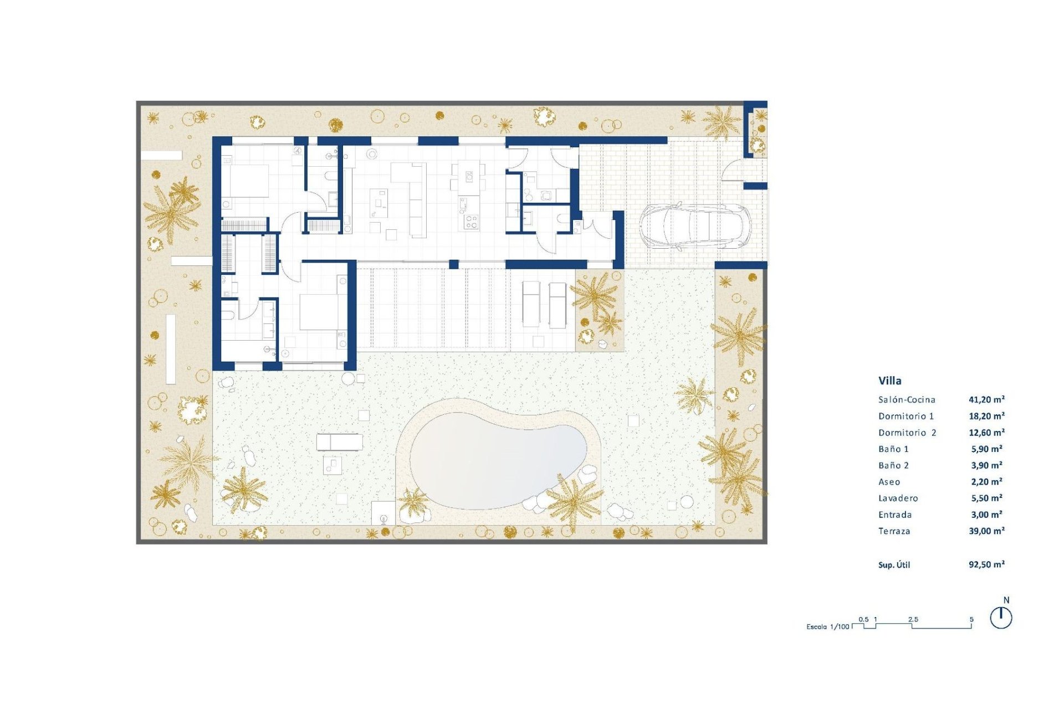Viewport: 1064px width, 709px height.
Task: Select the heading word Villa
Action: click(889, 381)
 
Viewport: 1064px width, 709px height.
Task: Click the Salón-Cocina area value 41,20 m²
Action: click(986, 399)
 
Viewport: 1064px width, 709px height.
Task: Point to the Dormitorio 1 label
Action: click(906, 416)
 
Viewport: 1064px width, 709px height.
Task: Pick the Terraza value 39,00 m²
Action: click(986, 531)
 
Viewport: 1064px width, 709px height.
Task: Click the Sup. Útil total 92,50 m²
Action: click(986, 564)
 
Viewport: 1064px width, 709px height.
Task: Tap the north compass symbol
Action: click(1001, 617)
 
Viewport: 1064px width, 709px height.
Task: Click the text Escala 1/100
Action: click(827, 627)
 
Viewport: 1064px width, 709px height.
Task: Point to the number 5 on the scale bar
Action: click(971, 619)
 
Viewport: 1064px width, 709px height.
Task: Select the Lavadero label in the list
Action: click(898, 498)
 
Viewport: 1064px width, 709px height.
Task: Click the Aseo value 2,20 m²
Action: click(986, 482)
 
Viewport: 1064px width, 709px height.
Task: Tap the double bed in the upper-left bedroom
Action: click(245, 181)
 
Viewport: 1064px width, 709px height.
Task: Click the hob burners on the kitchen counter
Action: click(471, 222)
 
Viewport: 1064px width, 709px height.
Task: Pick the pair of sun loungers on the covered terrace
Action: click(544, 304)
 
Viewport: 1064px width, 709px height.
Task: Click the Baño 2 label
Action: click(893, 465)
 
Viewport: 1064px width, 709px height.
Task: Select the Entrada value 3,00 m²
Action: click(986, 515)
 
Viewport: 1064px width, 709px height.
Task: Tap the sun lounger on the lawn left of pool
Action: click(339, 442)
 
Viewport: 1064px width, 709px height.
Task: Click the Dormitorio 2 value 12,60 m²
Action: click(986, 433)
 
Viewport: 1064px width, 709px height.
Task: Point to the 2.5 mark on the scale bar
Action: click(913, 619)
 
